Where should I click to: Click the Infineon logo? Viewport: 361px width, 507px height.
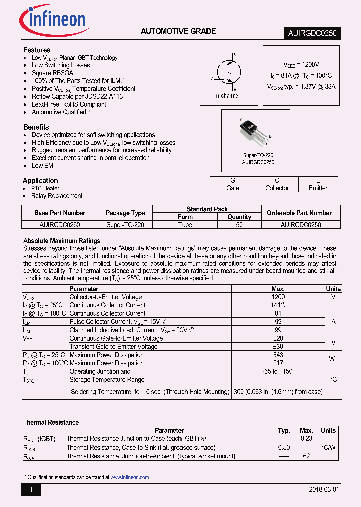tap(52, 21)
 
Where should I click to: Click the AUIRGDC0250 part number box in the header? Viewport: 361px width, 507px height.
tap(312, 33)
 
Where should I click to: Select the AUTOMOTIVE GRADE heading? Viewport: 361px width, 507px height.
tap(178, 31)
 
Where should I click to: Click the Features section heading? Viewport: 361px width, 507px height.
tap(37, 50)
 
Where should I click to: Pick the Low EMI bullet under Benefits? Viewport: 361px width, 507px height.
tap(44, 165)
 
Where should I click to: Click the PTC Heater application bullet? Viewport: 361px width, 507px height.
tap(45, 188)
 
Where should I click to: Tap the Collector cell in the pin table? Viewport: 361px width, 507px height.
tap(277, 188)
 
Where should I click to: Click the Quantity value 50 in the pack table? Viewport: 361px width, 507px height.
tap(239, 225)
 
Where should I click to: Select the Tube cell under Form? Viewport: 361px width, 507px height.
tap(185, 225)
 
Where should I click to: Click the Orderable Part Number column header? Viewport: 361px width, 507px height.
tap(299, 213)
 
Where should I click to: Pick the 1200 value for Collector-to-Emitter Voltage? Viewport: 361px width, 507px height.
tap(278, 297)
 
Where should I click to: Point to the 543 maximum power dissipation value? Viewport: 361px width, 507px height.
tap(278, 355)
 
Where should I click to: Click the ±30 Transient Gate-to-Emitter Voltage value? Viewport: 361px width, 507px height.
tap(278, 346)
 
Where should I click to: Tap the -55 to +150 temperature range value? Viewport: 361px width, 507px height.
tap(278, 371)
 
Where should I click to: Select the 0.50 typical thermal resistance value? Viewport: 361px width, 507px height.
tap(284, 447)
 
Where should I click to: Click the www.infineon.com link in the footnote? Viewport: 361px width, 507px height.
tap(130, 477)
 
